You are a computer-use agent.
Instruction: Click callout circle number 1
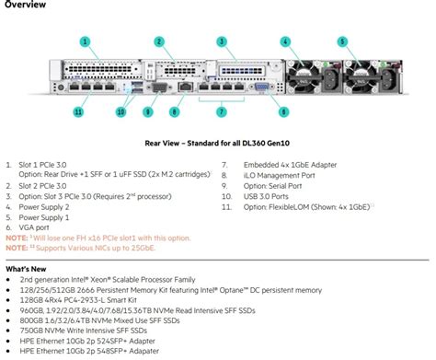(x=86, y=41)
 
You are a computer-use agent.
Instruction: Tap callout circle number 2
(x=159, y=41)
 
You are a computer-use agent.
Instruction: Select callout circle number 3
(x=222, y=41)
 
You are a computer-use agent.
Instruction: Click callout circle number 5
(x=342, y=41)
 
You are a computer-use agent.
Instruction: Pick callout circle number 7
(x=221, y=111)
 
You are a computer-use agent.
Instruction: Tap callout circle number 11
(x=78, y=111)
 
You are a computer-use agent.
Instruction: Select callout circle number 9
(x=147, y=111)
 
